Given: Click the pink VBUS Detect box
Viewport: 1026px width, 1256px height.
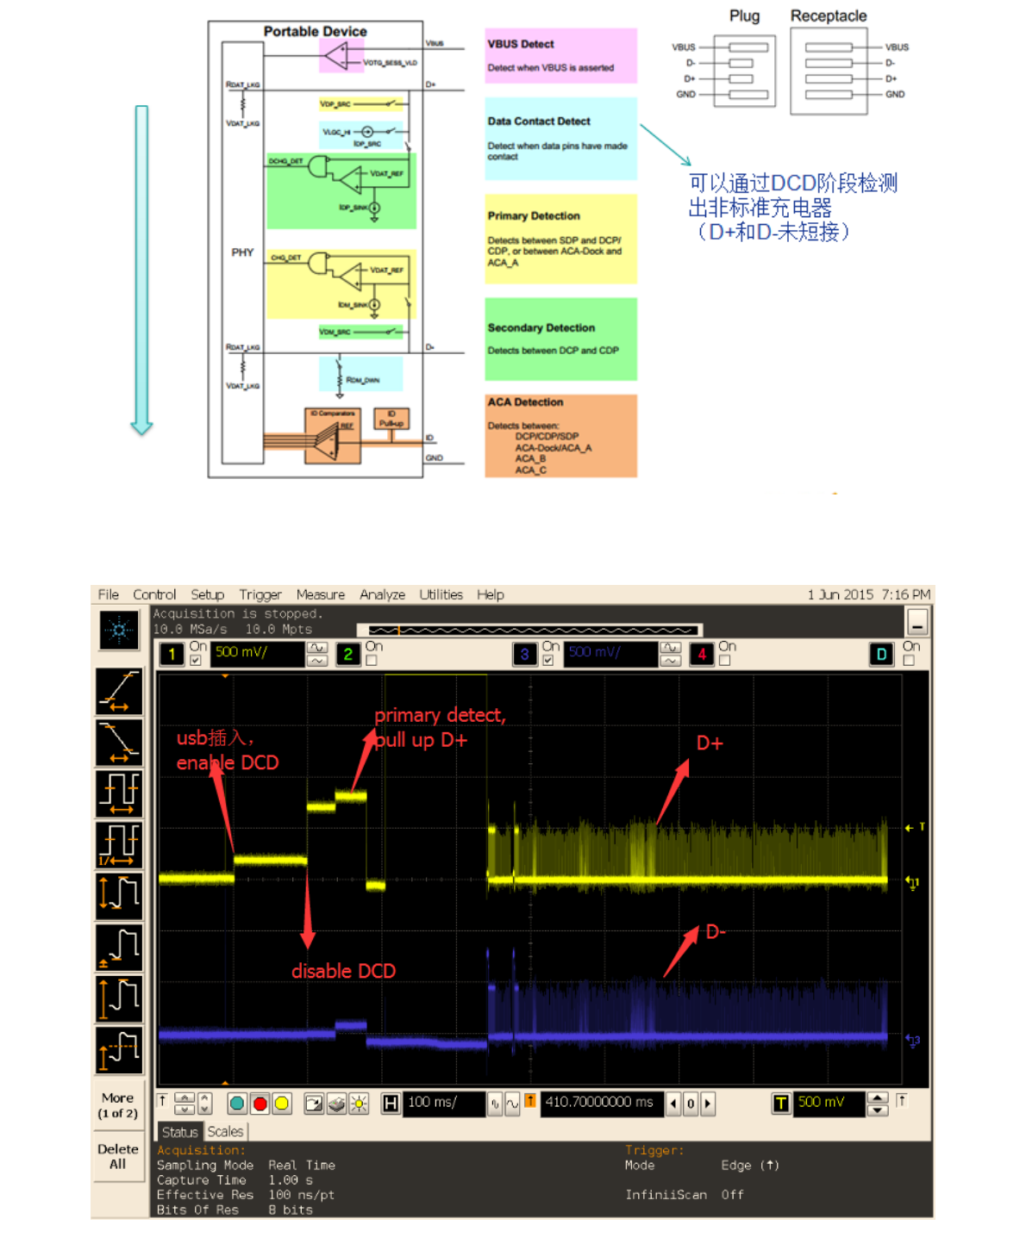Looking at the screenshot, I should pos(560,55).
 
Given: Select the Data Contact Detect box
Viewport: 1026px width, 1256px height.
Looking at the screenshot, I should pos(560,138).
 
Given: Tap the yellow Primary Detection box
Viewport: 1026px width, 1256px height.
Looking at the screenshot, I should pos(560,239).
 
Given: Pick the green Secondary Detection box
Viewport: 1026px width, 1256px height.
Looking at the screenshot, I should pos(560,339).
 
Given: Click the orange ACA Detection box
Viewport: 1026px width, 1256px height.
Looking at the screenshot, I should pos(560,436).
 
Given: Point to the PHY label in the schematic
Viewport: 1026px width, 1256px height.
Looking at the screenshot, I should pos(242,252).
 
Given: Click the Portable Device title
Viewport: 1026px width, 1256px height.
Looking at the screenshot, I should pos(315,31).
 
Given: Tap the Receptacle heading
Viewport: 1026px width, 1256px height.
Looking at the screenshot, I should pos(828,16).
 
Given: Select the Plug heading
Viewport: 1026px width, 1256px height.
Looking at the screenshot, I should pos(744,16).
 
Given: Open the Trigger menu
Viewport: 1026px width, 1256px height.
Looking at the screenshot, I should pos(260,594).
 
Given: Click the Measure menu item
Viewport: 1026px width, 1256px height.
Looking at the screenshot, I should pos(320,594).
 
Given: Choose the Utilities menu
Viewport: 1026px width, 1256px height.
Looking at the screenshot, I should pos(441,594).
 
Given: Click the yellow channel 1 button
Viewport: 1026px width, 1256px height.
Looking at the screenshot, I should pos(172,655).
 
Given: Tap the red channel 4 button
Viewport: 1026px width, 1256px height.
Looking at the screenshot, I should pos(702,655).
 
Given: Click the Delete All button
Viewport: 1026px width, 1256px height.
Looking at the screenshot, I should pos(118,1156).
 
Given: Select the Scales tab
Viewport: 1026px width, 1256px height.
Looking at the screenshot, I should pos(225,1131).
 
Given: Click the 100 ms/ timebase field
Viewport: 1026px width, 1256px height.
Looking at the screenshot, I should pos(442,1103).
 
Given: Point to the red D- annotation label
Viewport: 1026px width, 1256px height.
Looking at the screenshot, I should pos(716,931).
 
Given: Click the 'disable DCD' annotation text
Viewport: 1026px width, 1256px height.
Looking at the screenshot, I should pos(343,971).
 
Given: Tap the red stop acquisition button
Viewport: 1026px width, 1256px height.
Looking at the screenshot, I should pos(260,1103).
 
